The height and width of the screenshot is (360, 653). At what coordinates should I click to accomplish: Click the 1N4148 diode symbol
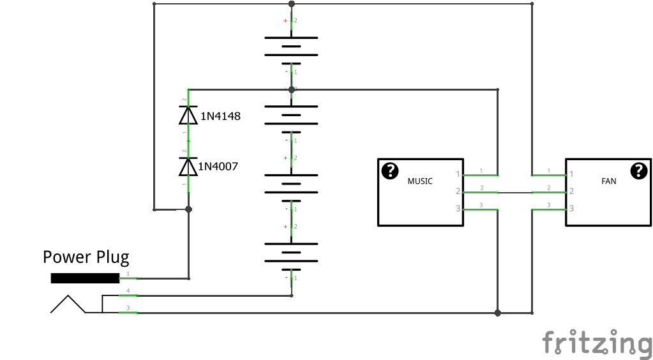[188, 115]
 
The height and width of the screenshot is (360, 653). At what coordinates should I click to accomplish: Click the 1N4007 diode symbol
[188, 167]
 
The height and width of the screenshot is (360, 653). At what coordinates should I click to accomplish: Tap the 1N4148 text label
[220, 116]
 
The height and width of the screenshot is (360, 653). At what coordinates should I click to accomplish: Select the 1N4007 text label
[218, 166]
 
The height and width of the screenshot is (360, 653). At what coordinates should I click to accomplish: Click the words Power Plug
[86, 257]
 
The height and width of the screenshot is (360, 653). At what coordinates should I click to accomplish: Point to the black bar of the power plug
[85, 278]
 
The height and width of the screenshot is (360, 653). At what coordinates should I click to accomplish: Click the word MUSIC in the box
[420, 181]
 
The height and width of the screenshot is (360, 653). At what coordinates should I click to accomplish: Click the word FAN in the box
[608, 181]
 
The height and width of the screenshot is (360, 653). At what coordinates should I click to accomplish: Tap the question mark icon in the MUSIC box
[390, 171]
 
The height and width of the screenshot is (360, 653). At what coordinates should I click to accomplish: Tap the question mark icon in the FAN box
[639, 171]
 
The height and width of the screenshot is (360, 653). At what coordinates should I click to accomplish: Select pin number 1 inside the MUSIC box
[458, 174]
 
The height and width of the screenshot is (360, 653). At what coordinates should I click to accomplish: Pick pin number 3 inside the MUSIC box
[458, 208]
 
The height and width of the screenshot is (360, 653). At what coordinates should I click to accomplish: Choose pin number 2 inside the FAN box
[572, 191]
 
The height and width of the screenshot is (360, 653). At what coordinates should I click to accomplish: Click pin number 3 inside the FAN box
[572, 208]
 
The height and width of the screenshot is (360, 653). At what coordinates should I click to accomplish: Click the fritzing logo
[597, 343]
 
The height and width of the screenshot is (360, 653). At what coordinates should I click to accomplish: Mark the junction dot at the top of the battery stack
[292, 4]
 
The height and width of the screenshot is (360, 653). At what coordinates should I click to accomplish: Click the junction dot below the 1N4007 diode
[189, 209]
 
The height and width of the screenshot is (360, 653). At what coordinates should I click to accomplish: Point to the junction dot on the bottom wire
[497, 313]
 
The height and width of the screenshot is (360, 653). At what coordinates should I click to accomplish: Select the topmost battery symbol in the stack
[291, 46]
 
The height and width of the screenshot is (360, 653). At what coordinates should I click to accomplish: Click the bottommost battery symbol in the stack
[291, 253]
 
